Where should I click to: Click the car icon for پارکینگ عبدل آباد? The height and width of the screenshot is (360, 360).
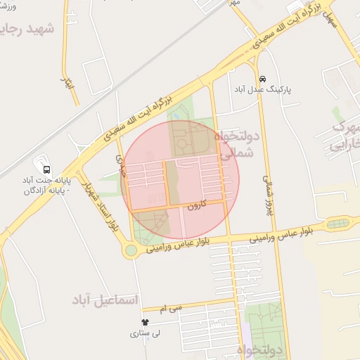point(262,79)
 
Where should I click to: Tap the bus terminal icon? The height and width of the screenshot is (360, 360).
point(46,169)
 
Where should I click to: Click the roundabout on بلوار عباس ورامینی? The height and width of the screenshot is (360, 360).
point(131,250)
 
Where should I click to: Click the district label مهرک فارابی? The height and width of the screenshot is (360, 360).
point(345,137)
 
